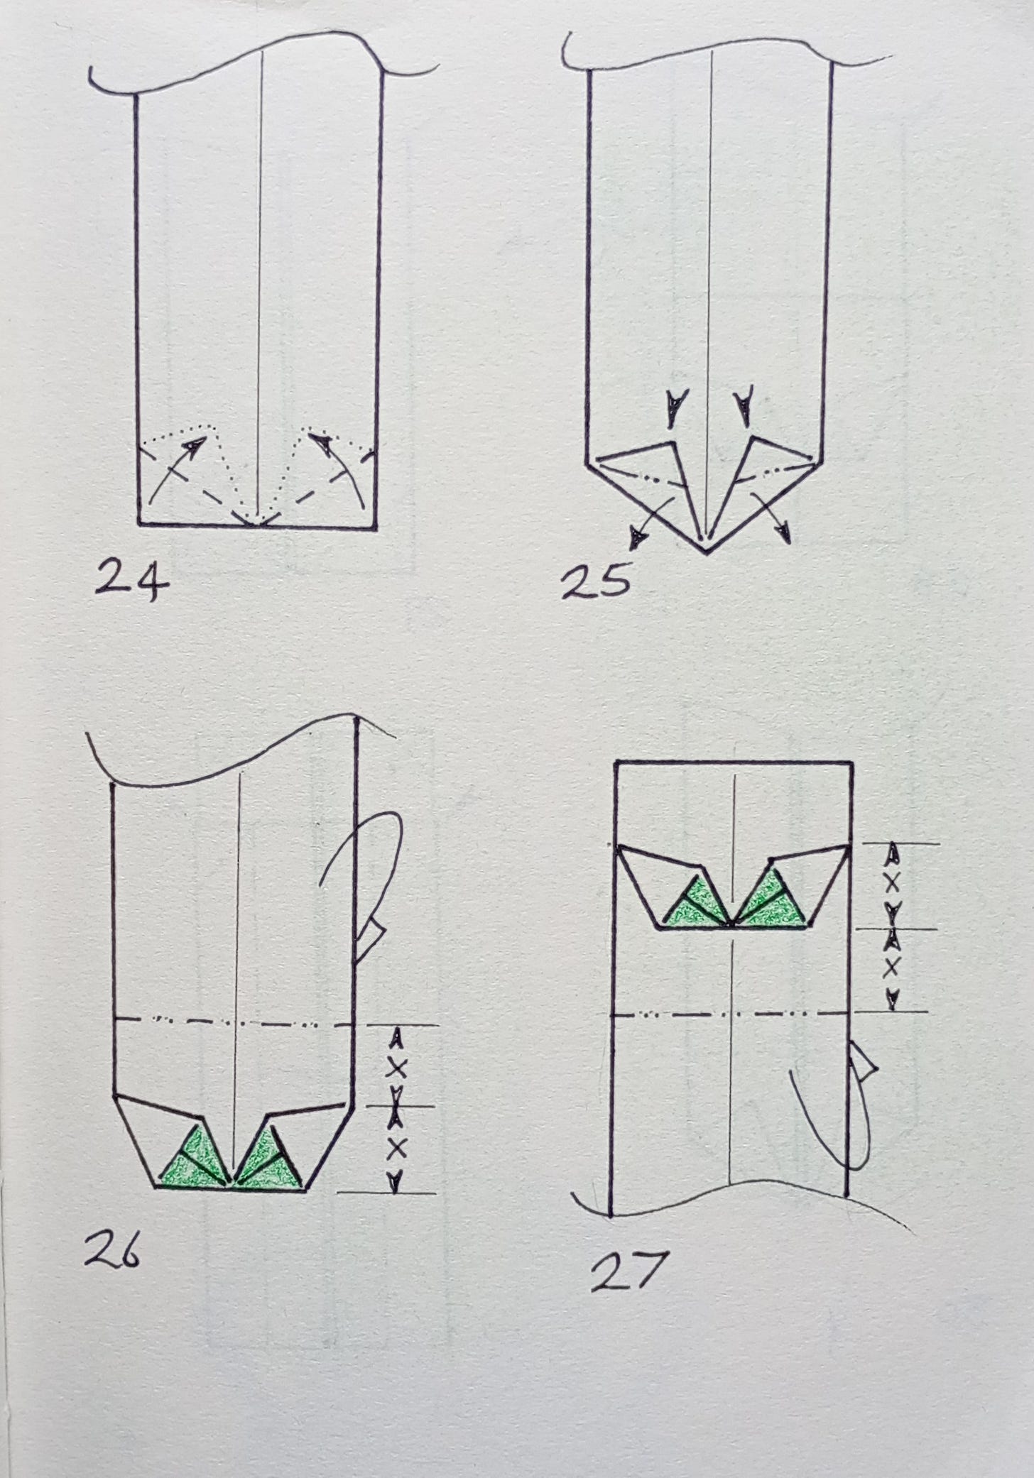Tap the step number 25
tap(595, 584)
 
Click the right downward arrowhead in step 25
tap(745, 407)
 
